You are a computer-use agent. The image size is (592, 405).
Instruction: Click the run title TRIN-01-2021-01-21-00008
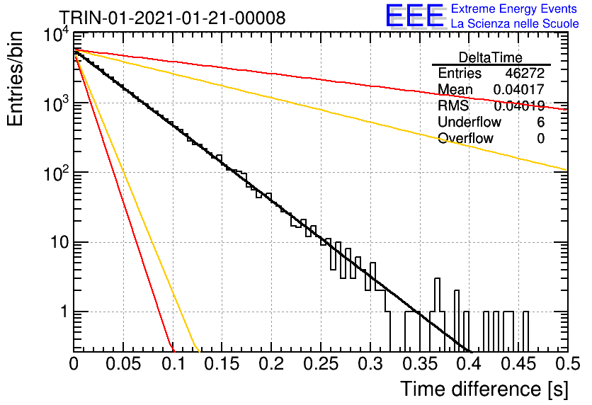[x=173, y=18]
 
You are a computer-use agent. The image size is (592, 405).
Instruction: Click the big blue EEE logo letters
[x=414, y=16]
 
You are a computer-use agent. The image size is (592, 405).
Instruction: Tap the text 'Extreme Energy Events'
[x=513, y=8]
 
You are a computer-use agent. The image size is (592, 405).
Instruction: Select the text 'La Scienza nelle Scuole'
[x=515, y=23]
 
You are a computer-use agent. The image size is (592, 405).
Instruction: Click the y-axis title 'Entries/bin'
[x=15, y=79]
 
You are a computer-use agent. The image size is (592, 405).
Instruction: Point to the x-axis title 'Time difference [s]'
[x=484, y=389]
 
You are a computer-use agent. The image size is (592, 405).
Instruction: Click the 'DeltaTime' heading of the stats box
[x=491, y=57]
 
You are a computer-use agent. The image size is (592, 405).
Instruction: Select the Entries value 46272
[x=525, y=73]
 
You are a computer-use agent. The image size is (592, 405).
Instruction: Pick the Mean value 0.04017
[x=519, y=89]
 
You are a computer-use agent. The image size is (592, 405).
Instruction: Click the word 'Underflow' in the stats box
[x=469, y=122]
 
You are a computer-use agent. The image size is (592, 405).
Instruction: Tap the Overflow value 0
[x=540, y=139]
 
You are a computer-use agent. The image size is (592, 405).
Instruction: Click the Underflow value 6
[x=540, y=122]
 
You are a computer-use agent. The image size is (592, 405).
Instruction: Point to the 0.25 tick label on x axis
[x=321, y=364]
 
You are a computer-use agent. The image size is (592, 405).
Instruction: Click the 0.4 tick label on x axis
[x=469, y=364]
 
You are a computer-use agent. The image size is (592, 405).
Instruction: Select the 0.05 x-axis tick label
[x=123, y=364]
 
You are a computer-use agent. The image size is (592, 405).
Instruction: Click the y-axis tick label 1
[x=64, y=312]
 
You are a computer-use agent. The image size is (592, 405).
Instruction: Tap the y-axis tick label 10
[x=59, y=242]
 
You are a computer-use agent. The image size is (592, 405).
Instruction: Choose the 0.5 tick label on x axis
[x=567, y=364]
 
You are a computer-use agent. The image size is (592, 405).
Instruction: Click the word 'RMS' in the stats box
[x=453, y=105]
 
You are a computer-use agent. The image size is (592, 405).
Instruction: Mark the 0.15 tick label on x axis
[x=222, y=364]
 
